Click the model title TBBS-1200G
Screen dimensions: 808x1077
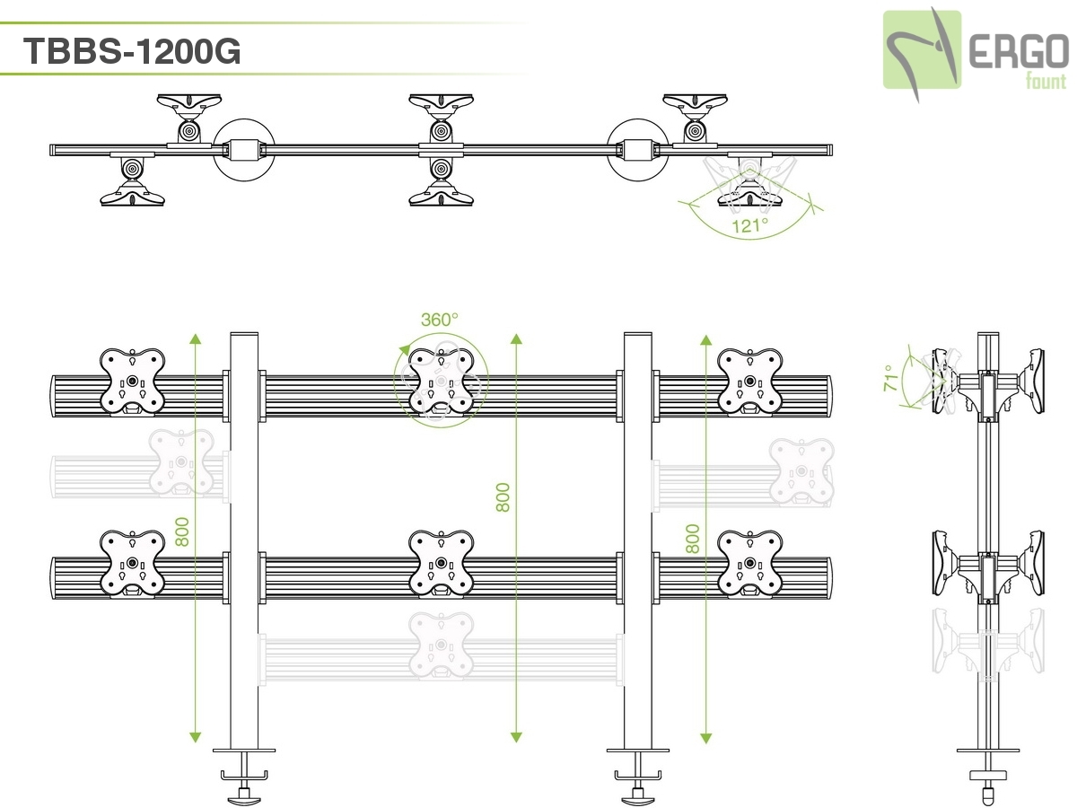tap(133, 51)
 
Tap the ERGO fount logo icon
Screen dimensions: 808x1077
tap(922, 49)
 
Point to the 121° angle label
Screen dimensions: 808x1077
tap(750, 225)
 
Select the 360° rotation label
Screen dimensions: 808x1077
tap(439, 319)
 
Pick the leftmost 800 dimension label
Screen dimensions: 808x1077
tap(182, 532)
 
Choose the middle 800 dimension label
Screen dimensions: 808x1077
tap(503, 496)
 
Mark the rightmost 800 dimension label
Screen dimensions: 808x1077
tap(692, 538)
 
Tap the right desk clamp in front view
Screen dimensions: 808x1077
tap(637, 772)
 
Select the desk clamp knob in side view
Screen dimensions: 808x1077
tap(987, 790)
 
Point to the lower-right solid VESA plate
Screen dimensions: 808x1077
tap(750, 563)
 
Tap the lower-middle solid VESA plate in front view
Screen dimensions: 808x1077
tap(441, 563)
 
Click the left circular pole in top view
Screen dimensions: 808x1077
tap(242, 148)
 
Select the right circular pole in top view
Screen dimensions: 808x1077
tap(639, 148)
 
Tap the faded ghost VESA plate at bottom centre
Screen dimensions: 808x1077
tap(441, 644)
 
